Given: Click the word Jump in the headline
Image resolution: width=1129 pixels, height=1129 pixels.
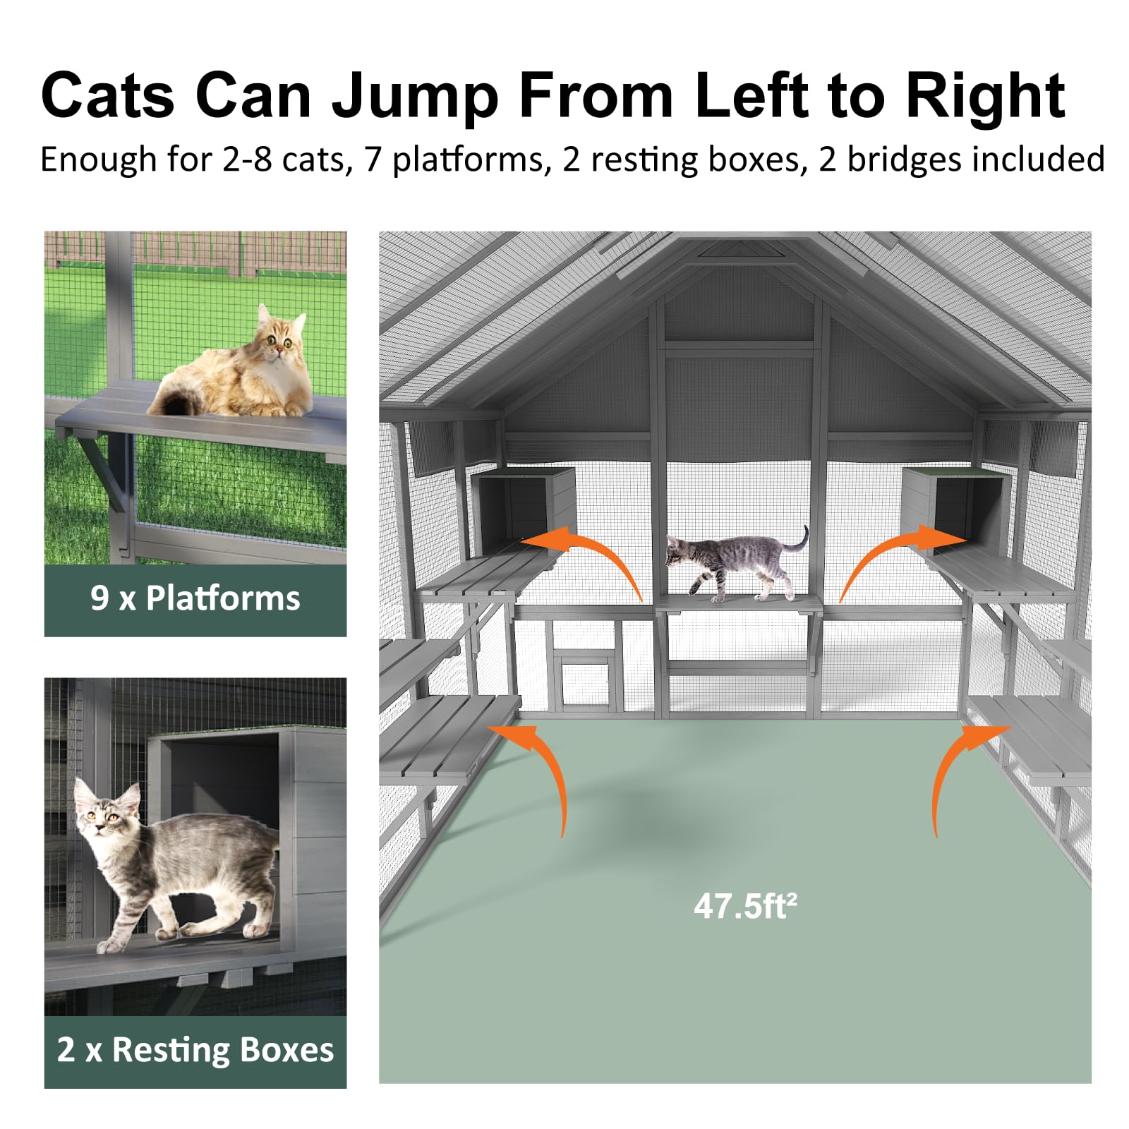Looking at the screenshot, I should pyautogui.click(x=415, y=97).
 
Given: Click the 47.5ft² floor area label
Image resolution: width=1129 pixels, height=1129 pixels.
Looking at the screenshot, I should pyautogui.click(x=744, y=906).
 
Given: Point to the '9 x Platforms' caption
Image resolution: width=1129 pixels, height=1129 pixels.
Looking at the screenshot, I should pyautogui.click(x=195, y=598).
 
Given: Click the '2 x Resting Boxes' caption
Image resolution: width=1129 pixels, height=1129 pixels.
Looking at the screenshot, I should pyautogui.click(x=195, y=1050).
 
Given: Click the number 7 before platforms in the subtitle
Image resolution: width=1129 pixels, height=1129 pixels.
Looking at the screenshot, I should pyautogui.click(x=373, y=159).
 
